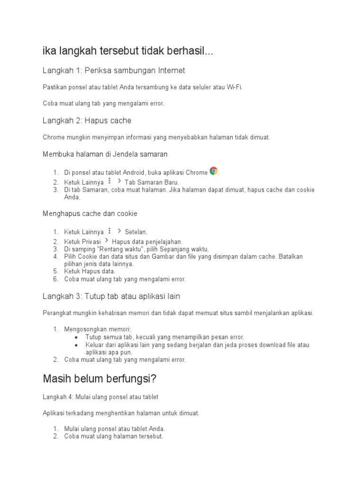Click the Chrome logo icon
pos(214,171)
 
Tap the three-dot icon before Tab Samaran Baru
pos(109,181)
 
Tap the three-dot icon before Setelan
pos(109,231)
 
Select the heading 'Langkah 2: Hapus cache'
pos(87,121)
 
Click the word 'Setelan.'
pos(136,232)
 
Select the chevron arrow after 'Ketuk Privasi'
pos(107,241)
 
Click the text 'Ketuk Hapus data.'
pos(90,271)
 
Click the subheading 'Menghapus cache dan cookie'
pos(90,214)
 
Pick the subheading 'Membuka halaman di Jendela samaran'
pos(105,154)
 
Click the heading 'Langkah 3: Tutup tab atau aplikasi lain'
pos(111,296)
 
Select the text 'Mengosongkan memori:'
pos(98,329)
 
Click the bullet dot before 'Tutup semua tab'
pos(77,337)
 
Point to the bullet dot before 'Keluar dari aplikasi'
pos(77,345)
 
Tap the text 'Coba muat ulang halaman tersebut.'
pos(114,436)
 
